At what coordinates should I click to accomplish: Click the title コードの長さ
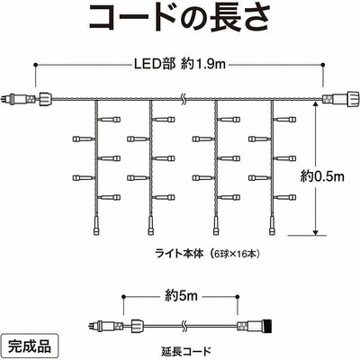pyautogui.click(x=179, y=17)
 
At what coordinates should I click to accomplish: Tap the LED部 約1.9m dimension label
pyautogui.click(x=179, y=64)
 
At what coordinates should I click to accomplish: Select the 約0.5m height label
pyautogui.click(x=322, y=176)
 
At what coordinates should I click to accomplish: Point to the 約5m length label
pyautogui.click(x=181, y=296)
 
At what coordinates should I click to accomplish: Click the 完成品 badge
pyautogui.click(x=30, y=347)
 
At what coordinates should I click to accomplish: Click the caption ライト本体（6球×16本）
pyautogui.click(x=207, y=254)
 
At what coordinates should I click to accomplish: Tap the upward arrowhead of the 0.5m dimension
pyautogui.click(x=315, y=104)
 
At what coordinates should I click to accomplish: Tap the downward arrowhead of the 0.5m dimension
pyautogui.click(x=315, y=232)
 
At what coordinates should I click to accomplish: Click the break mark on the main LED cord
pyautogui.click(x=183, y=98)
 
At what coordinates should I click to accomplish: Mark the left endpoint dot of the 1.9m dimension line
pyautogui.click(x=36, y=65)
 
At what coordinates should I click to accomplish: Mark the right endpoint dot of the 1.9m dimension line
pyautogui.click(x=323, y=65)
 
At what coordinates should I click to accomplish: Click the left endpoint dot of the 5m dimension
pyautogui.click(x=123, y=296)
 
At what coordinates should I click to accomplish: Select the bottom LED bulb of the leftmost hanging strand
pyautogui.click(x=95, y=226)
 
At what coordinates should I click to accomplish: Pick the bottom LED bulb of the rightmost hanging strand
pyautogui.click(x=272, y=226)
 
